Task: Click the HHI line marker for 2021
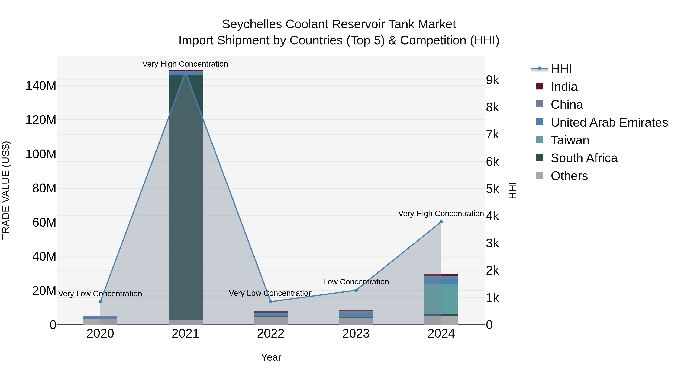(x=186, y=71)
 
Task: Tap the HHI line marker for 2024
(x=441, y=222)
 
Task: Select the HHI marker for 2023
(x=356, y=290)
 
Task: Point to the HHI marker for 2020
(x=100, y=302)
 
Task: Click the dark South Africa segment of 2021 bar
(x=186, y=197)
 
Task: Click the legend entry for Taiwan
(x=570, y=140)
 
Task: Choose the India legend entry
(x=564, y=87)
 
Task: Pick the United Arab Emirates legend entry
(x=609, y=122)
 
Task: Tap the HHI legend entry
(x=561, y=69)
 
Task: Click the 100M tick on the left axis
(x=41, y=154)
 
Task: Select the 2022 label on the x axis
(x=271, y=334)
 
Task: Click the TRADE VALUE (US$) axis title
(x=6, y=190)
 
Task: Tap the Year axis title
(x=271, y=357)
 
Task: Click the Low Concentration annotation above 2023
(x=356, y=282)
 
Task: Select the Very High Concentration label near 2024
(x=441, y=214)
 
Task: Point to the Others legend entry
(x=569, y=176)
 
